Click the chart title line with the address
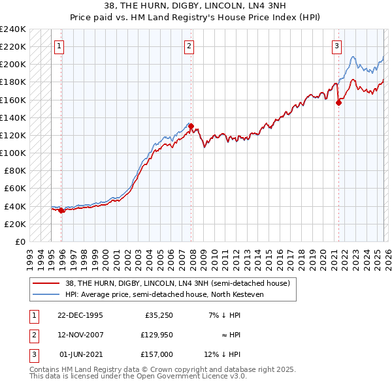(196, 5)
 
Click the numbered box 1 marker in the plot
(59, 46)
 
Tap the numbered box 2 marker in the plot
(189, 46)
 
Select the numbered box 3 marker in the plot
(336, 46)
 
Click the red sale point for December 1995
(61, 210)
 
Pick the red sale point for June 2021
(338, 102)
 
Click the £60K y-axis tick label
(14, 188)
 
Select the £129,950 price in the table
(154, 335)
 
